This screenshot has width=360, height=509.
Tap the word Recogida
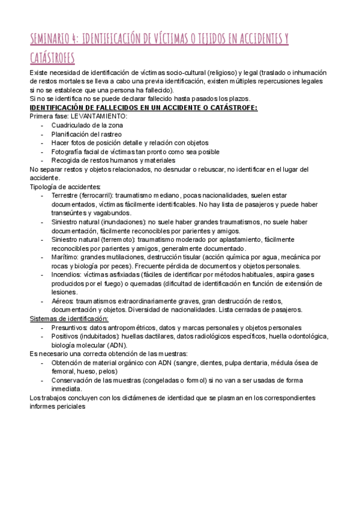pos(67,160)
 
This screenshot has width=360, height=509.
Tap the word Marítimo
pos(65,257)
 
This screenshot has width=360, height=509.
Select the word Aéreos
pos(62,301)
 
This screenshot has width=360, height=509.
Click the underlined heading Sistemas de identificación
pos(68,318)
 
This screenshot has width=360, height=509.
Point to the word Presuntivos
pos(70,327)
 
